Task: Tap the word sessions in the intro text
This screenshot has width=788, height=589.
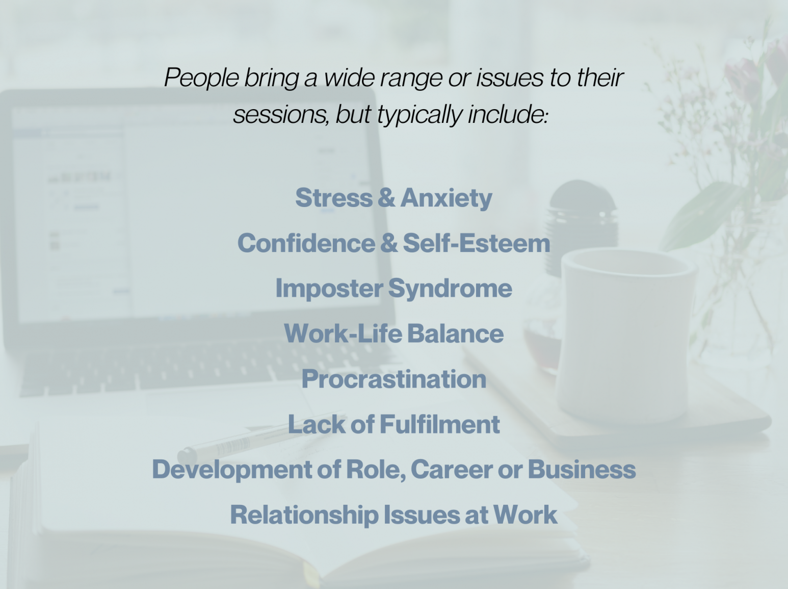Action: pos(281,115)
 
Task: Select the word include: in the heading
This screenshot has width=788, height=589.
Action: pos(508,115)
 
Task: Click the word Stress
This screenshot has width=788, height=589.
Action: pos(334,197)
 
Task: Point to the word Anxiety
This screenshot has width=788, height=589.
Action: pos(446,198)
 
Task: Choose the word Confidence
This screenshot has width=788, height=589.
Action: pos(306,243)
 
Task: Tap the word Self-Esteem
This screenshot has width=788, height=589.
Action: pos(477,243)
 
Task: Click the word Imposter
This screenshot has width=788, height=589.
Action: pos(329,289)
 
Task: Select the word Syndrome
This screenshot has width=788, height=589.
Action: pos(450,289)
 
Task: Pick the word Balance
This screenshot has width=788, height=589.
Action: pos(456,334)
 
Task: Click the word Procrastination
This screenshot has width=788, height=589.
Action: pos(394,379)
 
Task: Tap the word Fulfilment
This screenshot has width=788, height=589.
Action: pos(440,424)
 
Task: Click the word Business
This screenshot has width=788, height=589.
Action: pos(582,469)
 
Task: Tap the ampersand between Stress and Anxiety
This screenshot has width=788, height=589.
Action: pos(387,198)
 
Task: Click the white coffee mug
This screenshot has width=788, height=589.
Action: pos(625,336)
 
